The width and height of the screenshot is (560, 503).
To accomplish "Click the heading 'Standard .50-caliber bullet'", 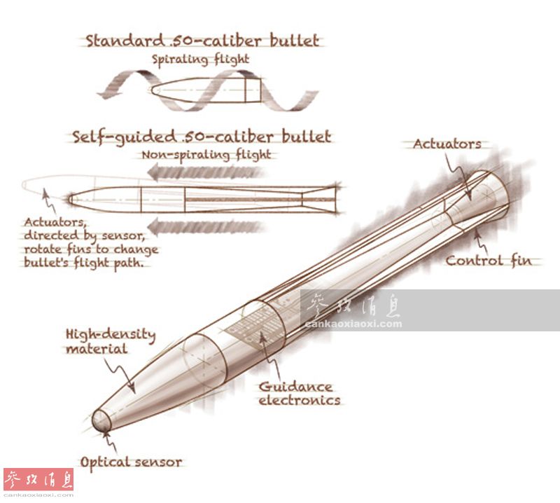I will pos(202,41).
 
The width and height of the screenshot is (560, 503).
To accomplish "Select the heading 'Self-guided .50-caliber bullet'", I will pos(202,137).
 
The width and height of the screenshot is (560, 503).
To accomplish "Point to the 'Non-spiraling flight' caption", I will pos(206,155).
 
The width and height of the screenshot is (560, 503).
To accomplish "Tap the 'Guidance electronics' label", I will pos(299,394).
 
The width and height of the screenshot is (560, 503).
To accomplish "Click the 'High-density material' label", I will pos(110,342).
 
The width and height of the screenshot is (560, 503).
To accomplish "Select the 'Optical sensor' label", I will pos(131,462).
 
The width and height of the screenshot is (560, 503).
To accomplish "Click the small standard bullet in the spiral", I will pos(207,92).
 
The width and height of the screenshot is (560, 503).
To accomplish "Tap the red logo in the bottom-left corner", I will pos(38,481).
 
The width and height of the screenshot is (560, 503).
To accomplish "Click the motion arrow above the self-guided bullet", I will pos(210,172).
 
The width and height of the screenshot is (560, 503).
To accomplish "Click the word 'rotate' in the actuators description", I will pos(43,250).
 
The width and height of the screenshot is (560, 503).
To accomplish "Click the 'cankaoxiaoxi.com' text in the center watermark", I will pos(353,324).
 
